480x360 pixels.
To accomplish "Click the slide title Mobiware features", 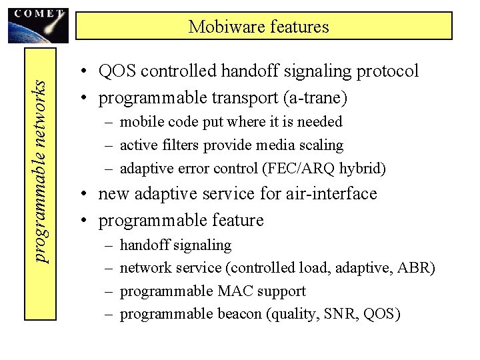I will (259, 27).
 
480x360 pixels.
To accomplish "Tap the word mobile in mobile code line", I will (141, 122).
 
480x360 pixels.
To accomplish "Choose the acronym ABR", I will (415, 268).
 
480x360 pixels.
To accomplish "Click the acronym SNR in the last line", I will (340, 313).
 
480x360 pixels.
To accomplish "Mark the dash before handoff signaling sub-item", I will (109, 245).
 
